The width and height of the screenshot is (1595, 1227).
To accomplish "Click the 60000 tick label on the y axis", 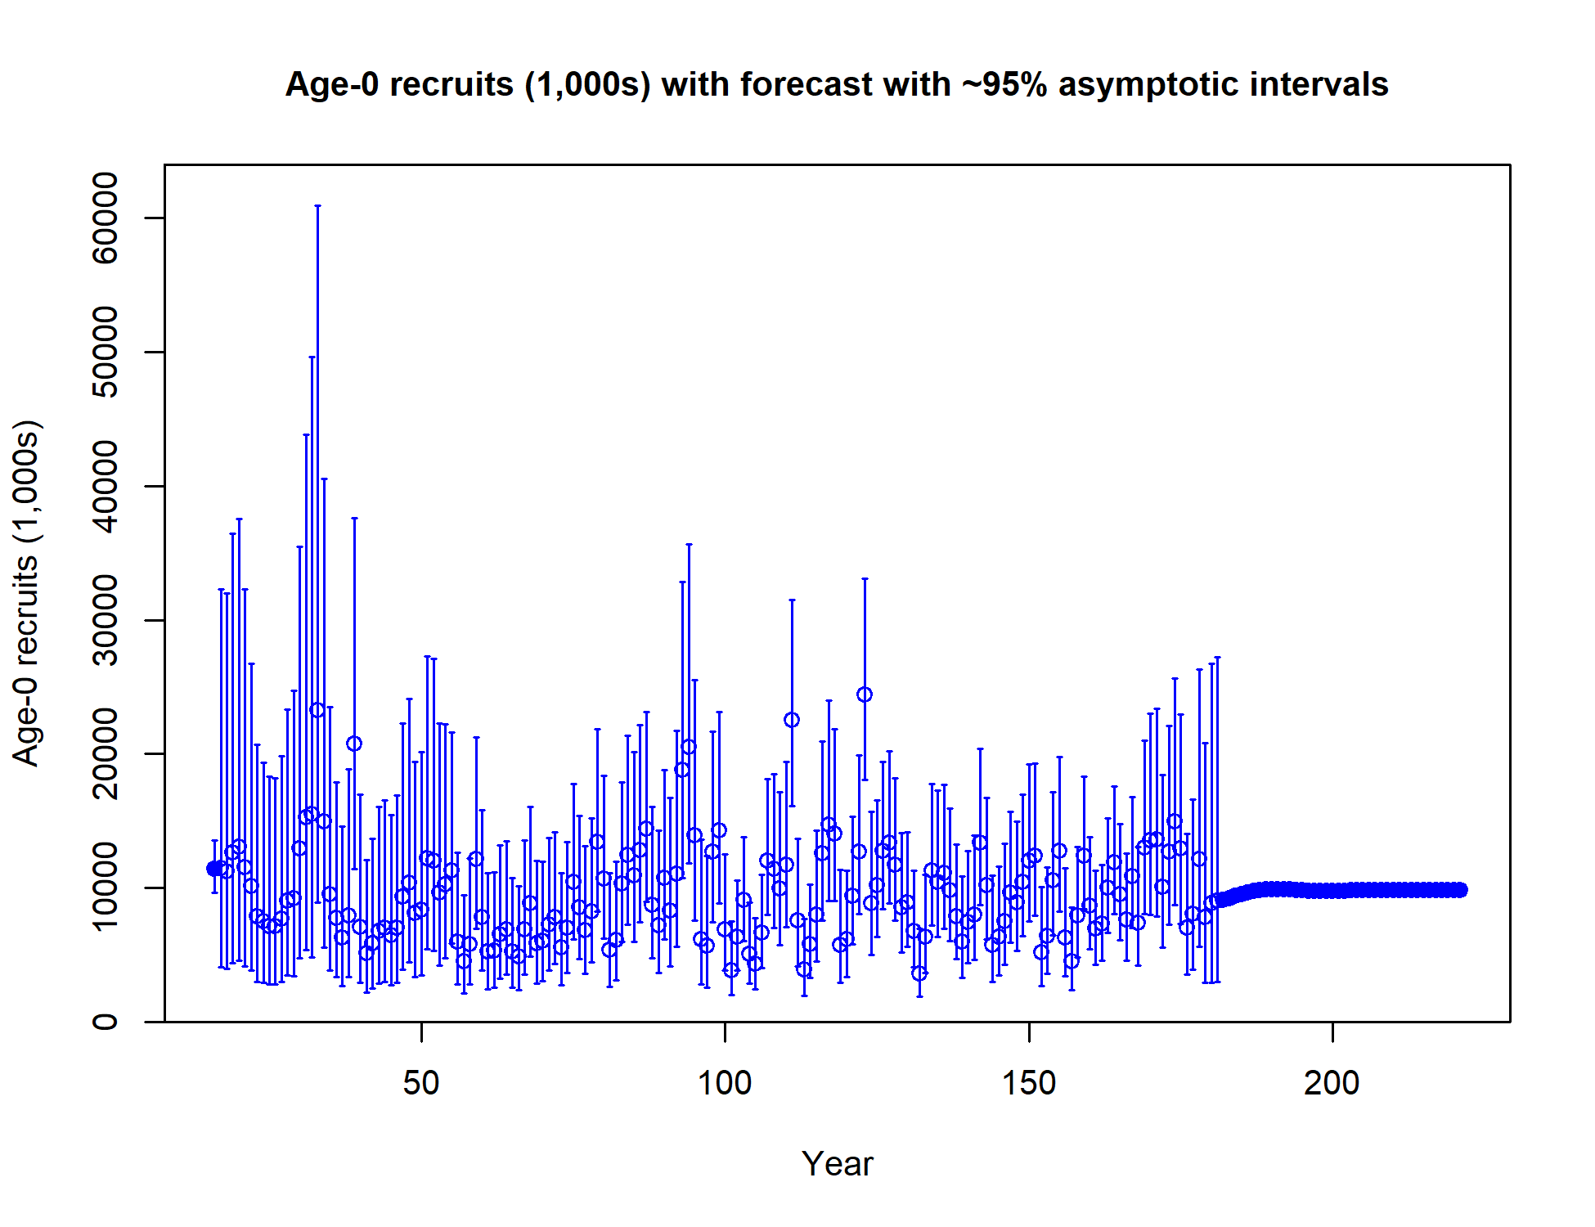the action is tap(106, 218).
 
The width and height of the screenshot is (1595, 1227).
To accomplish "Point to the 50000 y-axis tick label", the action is tap(106, 352).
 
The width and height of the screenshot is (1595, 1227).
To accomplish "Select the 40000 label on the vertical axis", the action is tap(106, 486).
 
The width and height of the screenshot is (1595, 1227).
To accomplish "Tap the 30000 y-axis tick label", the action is tap(106, 620).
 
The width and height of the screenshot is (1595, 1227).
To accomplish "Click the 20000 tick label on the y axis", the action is tap(106, 753).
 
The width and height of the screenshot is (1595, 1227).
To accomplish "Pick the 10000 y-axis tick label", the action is tap(106, 888).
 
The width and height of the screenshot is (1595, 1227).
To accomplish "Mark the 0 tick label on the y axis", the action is tap(106, 1022).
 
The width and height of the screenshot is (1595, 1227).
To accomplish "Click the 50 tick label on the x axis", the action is tap(421, 1083).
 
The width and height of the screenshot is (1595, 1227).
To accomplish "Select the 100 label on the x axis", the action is tap(725, 1083).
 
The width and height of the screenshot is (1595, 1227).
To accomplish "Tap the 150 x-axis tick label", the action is tap(1029, 1083).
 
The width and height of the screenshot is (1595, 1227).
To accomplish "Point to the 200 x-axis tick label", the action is tap(1332, 1083).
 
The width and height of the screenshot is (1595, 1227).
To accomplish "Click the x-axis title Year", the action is tap(838, 1164).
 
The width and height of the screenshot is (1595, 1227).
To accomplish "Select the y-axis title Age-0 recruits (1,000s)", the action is tap(26, 593).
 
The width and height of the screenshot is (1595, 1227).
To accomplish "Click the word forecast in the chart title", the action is tap(806, 84).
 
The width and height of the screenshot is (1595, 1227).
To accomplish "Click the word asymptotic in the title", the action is tap(1150, 85).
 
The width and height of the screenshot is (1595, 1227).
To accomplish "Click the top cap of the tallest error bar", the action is tap(317, 206).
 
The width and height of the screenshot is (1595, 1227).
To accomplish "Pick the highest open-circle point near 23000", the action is tap(317, 710).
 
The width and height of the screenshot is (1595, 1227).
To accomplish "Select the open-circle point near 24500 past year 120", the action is tap(865, 694).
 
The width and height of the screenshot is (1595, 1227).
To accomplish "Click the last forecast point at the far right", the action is tap(1460, 890).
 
